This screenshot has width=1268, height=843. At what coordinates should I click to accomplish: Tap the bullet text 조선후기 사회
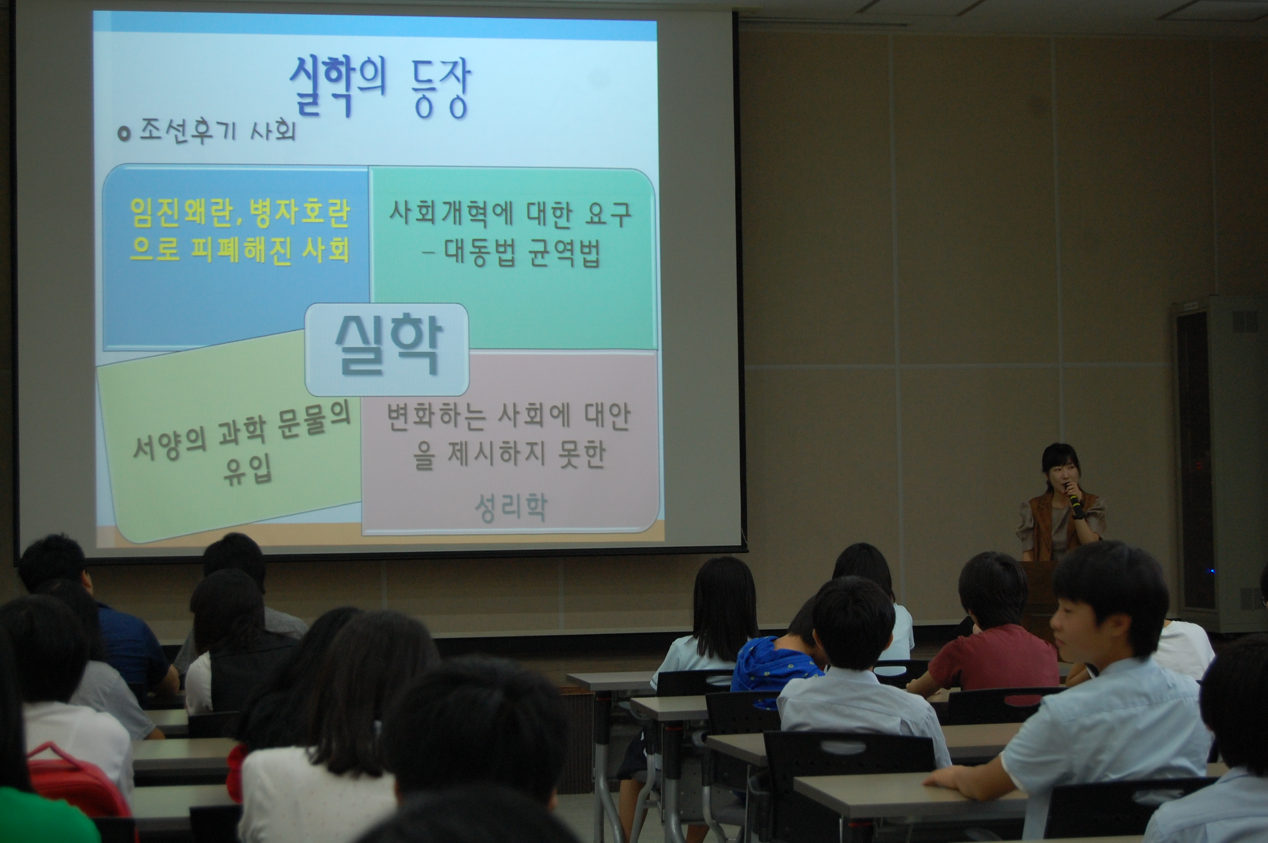click(218, 130)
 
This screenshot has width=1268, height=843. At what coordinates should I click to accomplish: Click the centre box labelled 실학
click(387, 349)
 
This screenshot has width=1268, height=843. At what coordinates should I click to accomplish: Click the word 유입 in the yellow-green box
click(248, 471)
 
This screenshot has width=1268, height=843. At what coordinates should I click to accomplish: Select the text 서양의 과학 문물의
click(242, 437)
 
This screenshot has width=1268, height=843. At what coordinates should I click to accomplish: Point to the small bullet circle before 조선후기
click(124, 134)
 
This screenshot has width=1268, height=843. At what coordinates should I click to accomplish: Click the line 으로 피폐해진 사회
click(240, 250)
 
